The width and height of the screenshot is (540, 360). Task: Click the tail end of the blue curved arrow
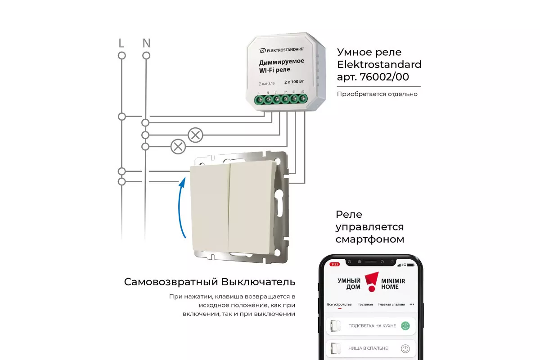click(185, 238)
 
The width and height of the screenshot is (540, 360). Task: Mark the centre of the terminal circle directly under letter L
click(122, 56)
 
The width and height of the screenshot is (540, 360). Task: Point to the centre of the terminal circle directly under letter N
click(146, 56)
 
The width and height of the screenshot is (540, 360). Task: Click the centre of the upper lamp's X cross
click(195, 135)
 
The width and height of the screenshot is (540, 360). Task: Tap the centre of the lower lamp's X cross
click(178, 147)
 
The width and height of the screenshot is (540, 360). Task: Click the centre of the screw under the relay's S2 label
click(303, 99)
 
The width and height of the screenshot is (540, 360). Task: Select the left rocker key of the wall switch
click(210, 208)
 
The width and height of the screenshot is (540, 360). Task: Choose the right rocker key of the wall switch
click(252, 207)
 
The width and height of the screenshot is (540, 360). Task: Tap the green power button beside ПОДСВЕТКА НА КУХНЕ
click(405, 326)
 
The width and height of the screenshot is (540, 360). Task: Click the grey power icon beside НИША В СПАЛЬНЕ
click(405, 348)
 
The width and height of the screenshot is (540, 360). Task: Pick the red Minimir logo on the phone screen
click(372, 282)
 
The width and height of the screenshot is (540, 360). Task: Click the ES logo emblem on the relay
click(262, 51)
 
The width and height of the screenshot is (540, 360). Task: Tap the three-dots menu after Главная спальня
click(412, 304)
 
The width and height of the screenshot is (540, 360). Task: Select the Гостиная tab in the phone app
click(365, 304)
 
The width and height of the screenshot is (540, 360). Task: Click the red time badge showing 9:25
click(335, 264)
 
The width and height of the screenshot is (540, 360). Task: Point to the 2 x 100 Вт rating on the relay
click(294, 82)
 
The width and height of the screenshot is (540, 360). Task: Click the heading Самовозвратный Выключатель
click(210, 282)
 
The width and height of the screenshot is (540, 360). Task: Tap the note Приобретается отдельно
click(377, 94)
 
